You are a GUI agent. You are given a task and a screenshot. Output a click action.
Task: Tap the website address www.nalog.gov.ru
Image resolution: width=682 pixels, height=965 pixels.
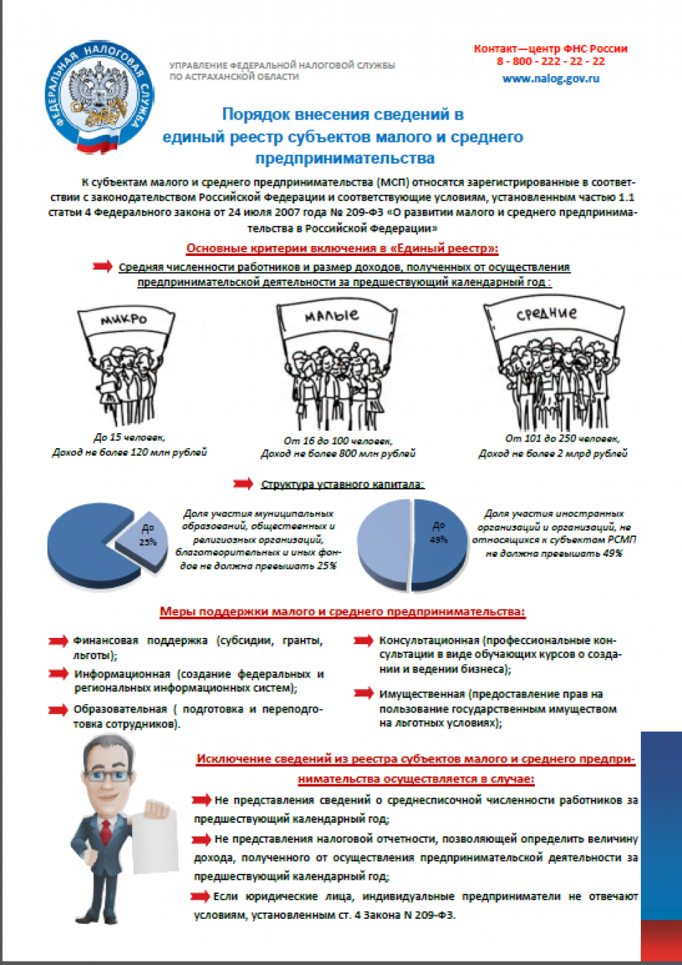point(551,78)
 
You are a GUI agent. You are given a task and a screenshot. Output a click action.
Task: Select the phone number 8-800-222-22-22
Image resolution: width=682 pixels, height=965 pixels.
point(551,61)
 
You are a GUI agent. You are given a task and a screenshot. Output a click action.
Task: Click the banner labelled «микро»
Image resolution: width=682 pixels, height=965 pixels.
point(125,320)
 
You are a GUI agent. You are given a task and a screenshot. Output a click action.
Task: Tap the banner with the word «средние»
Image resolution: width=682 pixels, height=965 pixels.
point(547,314)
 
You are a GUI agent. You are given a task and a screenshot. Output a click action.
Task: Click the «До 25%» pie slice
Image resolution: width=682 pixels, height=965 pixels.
point(144,538)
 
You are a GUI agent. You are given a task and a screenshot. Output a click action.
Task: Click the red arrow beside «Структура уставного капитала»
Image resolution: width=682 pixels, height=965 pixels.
point(243,484)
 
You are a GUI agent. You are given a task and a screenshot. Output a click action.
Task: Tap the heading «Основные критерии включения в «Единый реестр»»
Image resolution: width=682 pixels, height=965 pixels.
point(342,248)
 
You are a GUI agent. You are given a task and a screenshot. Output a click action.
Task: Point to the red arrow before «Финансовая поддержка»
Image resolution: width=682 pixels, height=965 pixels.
point(58,641)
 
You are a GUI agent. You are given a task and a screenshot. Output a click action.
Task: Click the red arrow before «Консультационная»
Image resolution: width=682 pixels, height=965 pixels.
point(364,640)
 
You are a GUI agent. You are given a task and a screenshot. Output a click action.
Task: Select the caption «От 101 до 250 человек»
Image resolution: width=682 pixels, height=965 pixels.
point(562,439)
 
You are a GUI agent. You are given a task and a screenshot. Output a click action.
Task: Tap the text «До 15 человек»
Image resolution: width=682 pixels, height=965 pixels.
point(129,437)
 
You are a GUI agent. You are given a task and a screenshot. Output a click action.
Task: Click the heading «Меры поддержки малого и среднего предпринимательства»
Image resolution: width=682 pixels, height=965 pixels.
point(342,612)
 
